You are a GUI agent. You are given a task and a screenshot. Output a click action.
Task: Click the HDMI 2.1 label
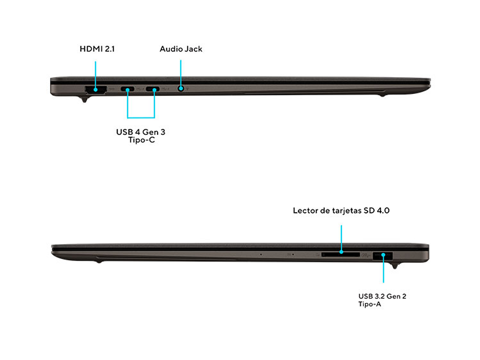97,49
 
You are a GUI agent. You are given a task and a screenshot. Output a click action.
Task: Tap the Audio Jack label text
181,49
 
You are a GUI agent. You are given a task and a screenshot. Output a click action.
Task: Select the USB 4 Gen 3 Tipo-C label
141,136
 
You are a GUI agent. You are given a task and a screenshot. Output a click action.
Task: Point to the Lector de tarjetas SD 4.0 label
341,210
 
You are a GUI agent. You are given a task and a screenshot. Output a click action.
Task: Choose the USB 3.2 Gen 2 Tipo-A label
382,300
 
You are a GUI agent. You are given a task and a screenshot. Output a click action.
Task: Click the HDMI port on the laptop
95,89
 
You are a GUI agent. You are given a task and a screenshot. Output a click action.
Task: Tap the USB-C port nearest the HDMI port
128,89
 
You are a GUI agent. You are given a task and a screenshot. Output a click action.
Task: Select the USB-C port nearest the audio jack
153,89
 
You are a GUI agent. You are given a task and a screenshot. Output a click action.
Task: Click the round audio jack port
181,88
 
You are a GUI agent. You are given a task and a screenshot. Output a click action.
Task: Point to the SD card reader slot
341,254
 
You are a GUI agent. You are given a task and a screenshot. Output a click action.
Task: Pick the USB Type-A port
383,255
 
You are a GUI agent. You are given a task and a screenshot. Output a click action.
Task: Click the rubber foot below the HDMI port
85,100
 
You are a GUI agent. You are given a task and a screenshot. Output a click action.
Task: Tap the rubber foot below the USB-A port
395,266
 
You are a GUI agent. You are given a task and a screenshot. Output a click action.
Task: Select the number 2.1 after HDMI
109,49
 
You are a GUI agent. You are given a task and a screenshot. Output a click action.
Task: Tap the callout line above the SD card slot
341,237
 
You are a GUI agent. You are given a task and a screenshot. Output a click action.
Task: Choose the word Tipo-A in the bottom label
370,304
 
